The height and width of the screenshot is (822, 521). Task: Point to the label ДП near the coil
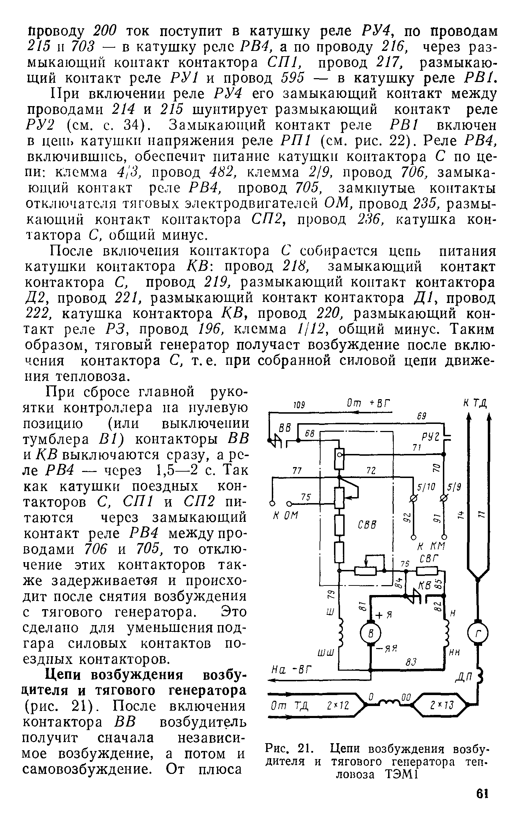(x=463, y=676)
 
